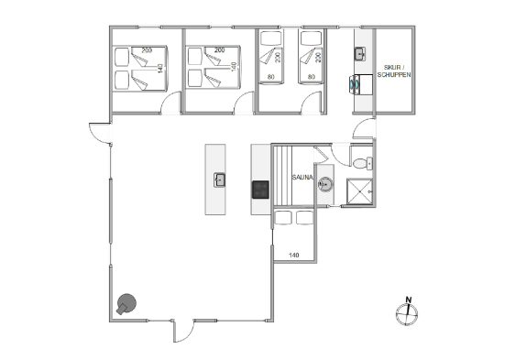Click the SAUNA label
pos(302,178)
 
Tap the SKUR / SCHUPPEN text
pos(394,71)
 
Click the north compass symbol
pos(407,311)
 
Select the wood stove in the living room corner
pos(126,304)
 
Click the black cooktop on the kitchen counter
pos(260,190)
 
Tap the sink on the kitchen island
pos(220,180)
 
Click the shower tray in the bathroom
pos(359,191)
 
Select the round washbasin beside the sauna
pos(325,184)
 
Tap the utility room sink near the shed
pos(360,54)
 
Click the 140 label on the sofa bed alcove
pos(293,255)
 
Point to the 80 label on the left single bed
pos(271,77)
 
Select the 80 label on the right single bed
pos(312,77)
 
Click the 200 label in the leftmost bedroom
pos(147,50)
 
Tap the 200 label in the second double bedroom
pos(219,50)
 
